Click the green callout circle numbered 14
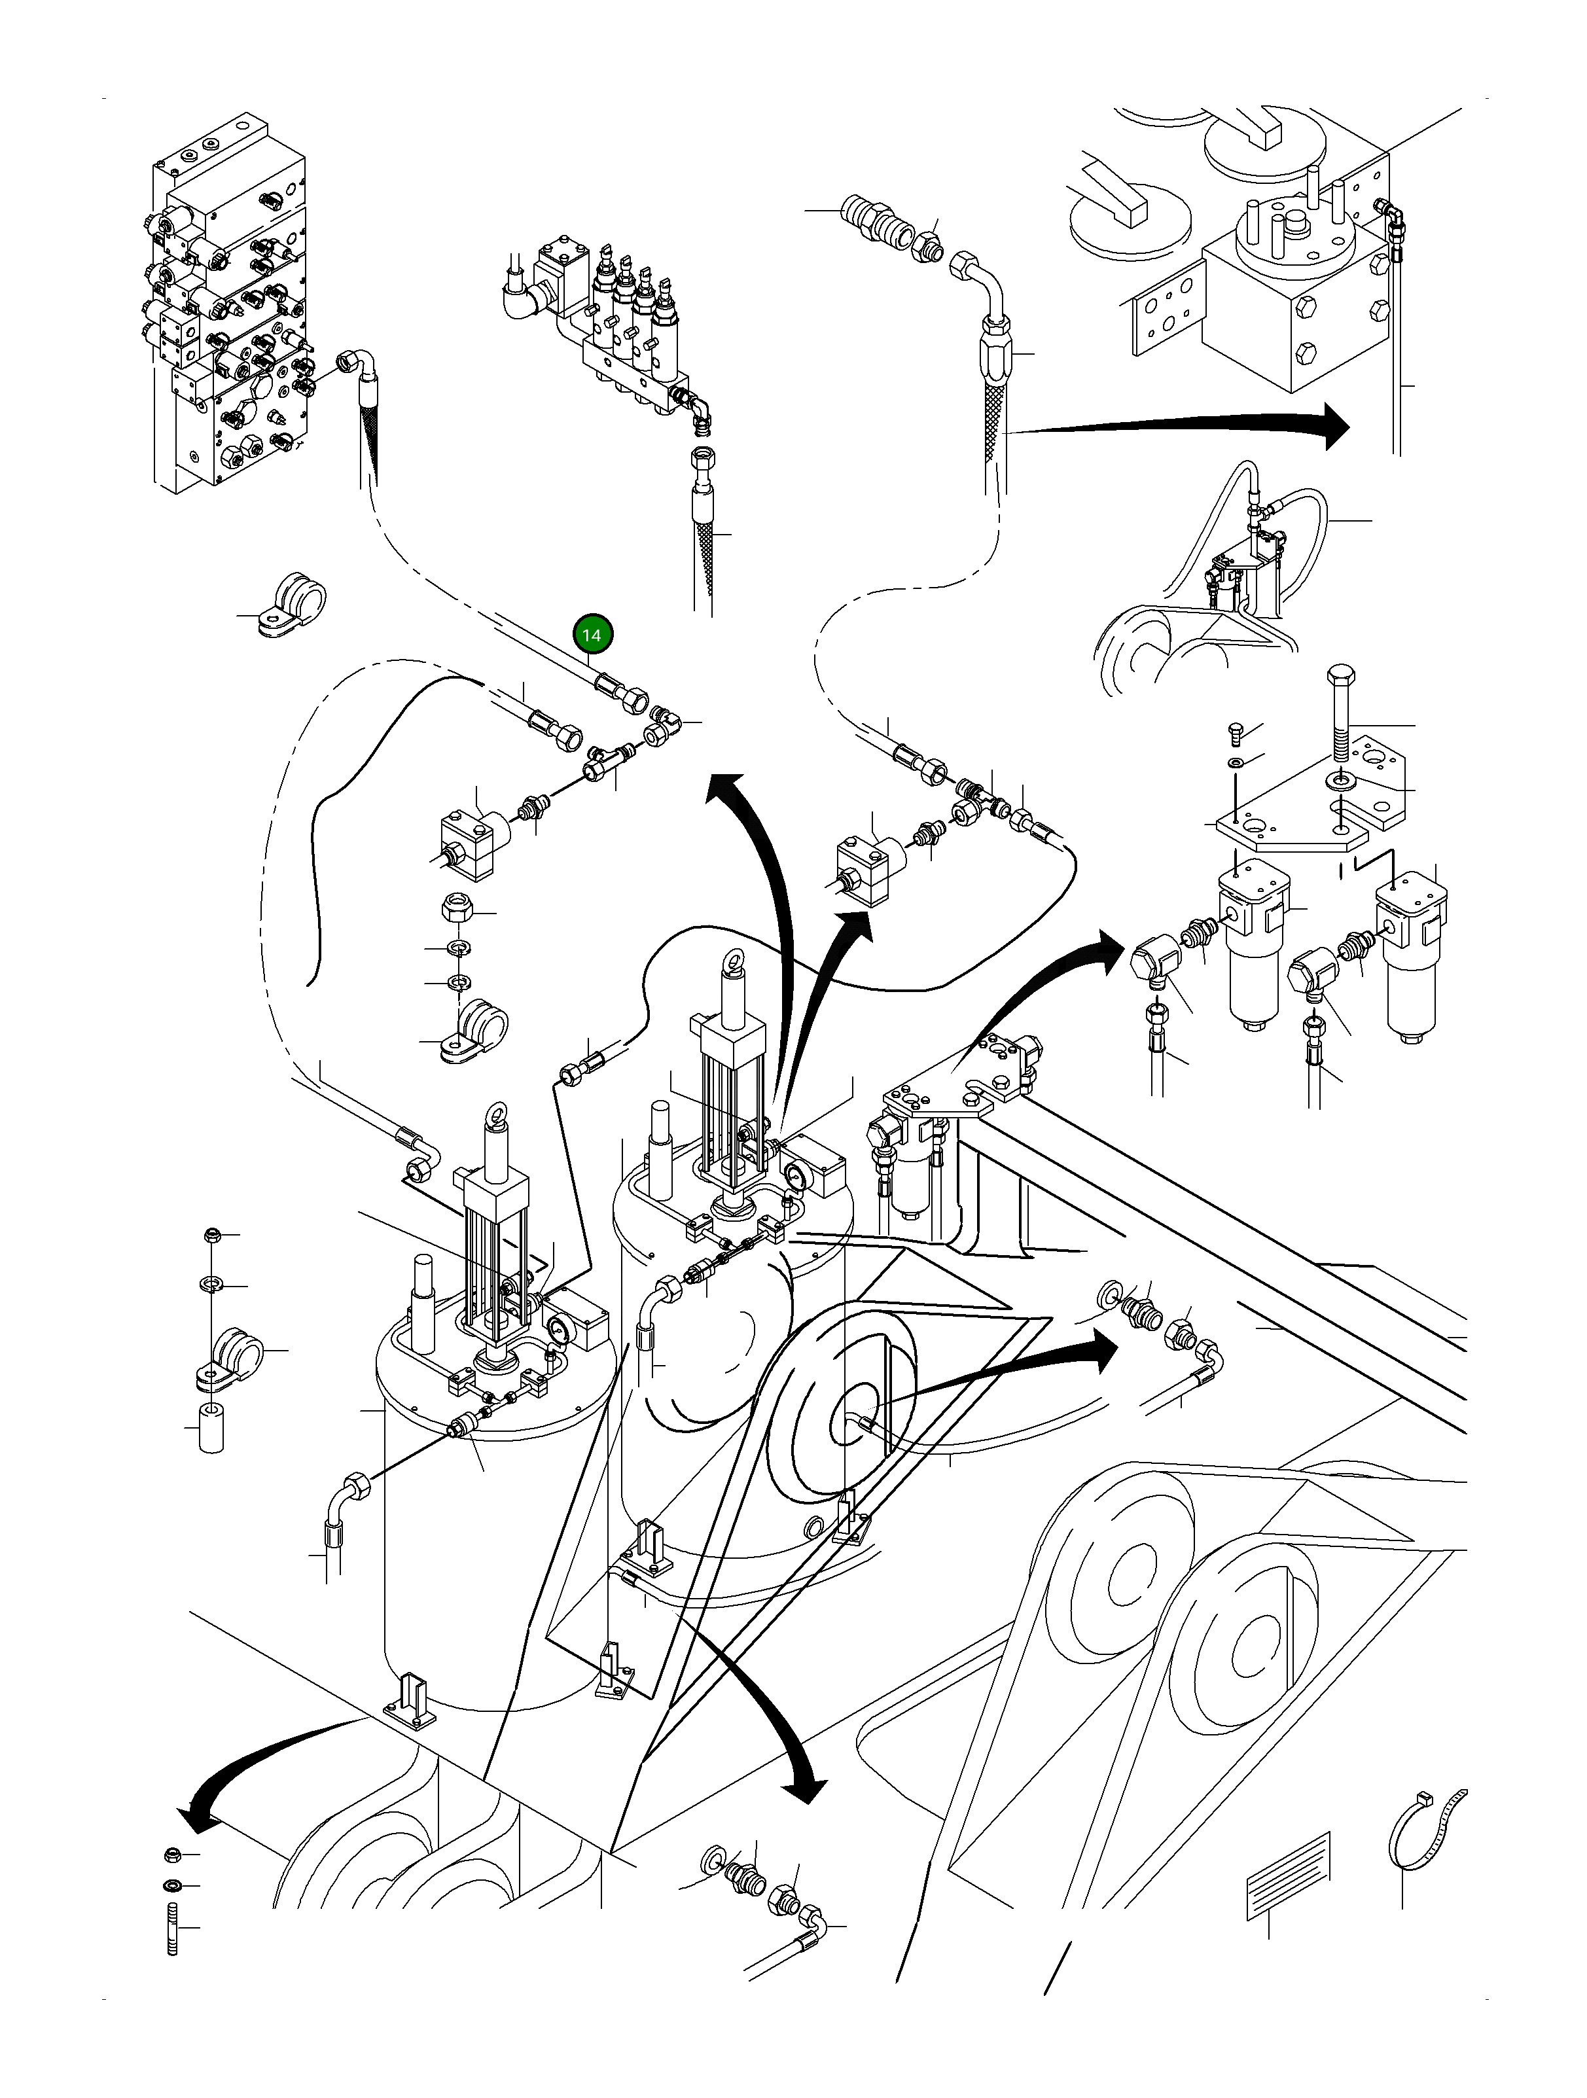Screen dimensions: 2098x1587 (591, 635)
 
